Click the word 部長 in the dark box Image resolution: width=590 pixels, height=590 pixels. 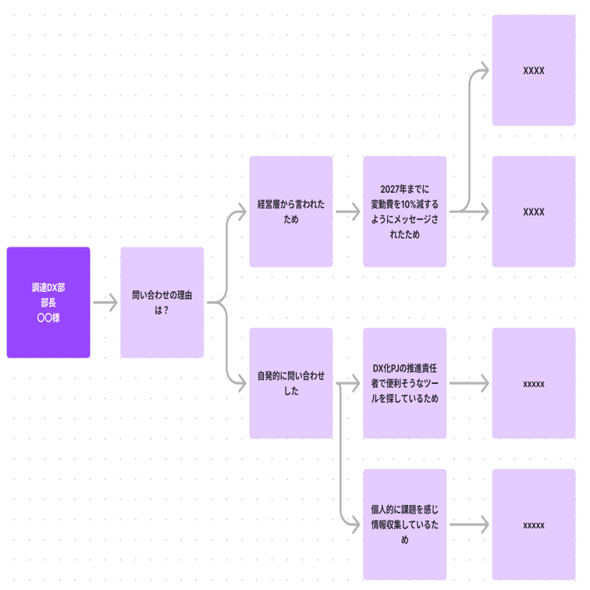point(48,303)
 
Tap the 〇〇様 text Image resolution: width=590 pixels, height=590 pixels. point(48,318)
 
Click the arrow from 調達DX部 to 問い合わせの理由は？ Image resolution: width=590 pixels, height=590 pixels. point(105,303)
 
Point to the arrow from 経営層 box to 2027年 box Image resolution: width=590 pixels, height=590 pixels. point(347,211)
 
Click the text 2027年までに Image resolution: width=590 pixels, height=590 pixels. point(404,190)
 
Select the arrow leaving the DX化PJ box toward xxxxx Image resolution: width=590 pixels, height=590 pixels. point(468,383)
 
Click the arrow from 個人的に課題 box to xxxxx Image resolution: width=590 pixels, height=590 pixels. point(468,524)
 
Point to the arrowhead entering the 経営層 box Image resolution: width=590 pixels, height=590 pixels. point(242,211)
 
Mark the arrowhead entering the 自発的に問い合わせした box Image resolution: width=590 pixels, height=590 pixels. point(242,383)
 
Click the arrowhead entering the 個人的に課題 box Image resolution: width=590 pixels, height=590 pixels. point(356,524)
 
